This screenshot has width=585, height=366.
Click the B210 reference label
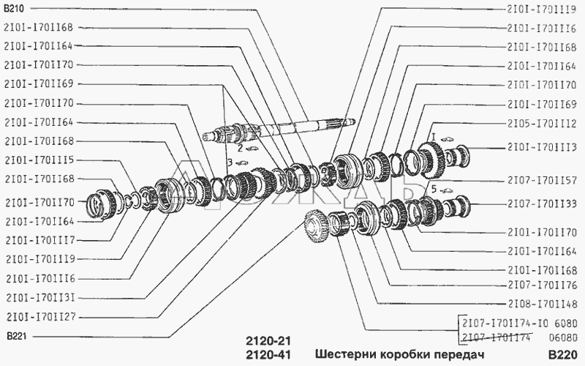(14, 9)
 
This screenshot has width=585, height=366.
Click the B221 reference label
(17, 337)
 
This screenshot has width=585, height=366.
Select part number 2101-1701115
(40, 160)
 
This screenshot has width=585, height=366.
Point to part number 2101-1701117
(40, 240)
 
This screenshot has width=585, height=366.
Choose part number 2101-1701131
(41, 298)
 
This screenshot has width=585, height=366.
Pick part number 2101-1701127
(41, 317)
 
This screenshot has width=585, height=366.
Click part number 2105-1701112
(542, 123)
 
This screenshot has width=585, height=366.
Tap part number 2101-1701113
(542, 148)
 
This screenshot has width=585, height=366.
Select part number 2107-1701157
(542, 181)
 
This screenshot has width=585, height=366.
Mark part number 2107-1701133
(542, 204)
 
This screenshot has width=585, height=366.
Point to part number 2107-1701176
(542, 285)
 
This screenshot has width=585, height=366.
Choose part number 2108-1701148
(542, 304)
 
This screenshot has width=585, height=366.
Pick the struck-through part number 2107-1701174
(497, 337)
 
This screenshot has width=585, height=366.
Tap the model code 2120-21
(268, 341)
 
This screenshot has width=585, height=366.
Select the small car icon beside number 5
(447, 191)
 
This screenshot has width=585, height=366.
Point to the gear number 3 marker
(230, 163)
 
